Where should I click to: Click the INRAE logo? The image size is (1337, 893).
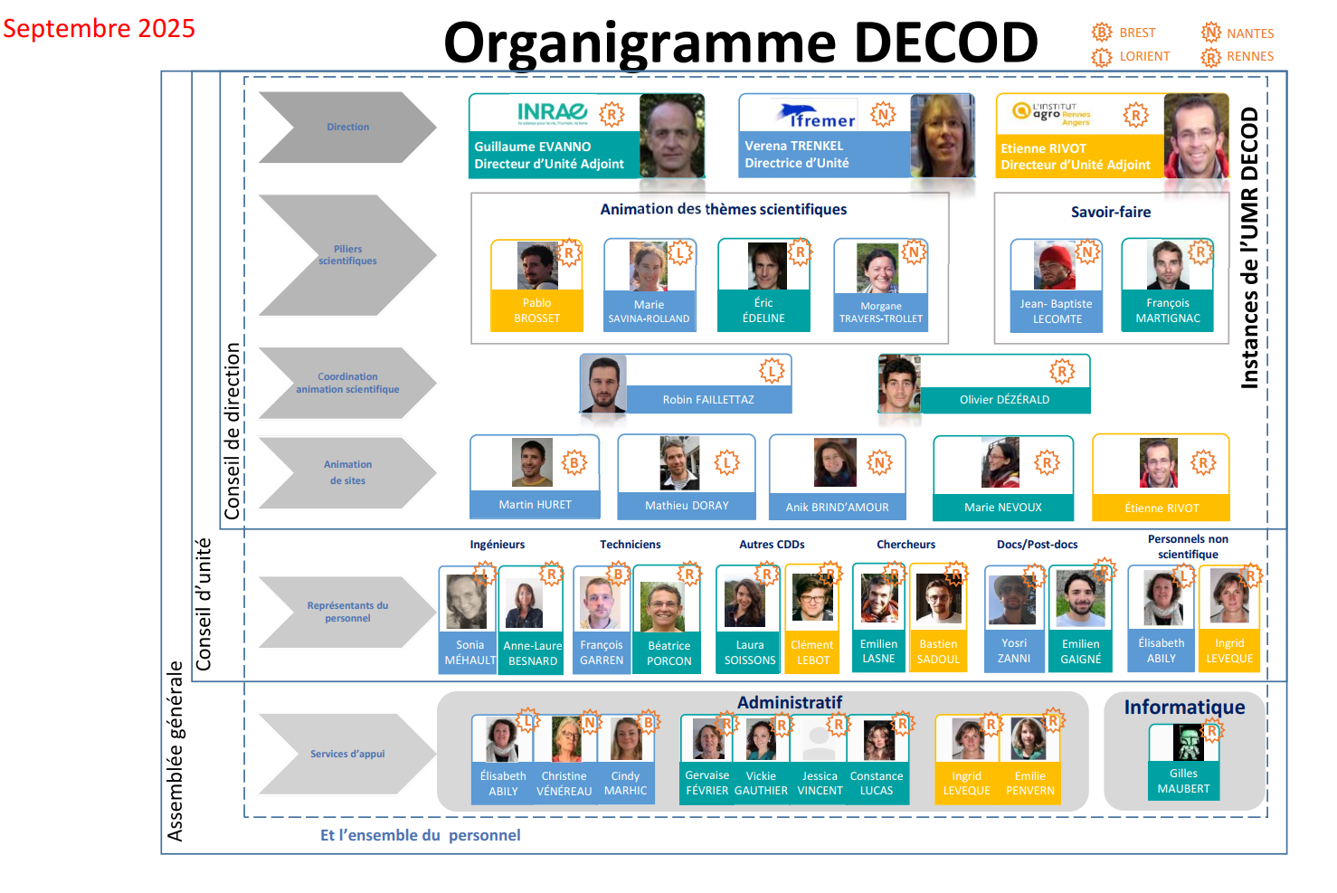point(552,112)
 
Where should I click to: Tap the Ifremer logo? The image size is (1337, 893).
point(816,116)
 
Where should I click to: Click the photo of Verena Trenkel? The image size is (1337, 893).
point(942,136)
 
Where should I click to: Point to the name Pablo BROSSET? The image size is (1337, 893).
point(536,310)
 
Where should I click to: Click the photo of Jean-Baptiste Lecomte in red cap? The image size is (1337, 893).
point(1055,265)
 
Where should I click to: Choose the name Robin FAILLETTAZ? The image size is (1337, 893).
point(707,399)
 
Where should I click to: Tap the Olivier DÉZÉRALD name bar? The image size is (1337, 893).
point(1004,399)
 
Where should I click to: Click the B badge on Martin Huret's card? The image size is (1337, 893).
point(574,463)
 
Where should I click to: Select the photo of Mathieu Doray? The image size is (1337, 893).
point(679,463)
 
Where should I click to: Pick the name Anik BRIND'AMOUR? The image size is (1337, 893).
point(837,508)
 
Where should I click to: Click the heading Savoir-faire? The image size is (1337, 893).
point(1111,212)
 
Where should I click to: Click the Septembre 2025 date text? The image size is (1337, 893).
point(99,28)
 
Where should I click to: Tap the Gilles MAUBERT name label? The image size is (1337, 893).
point(1183,781)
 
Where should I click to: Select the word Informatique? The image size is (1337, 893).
point(1184,707)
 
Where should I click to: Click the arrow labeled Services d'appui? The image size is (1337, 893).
point(347,754)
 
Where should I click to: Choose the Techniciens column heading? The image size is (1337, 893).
point(630,545)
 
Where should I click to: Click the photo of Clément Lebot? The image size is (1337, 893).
point(811,597)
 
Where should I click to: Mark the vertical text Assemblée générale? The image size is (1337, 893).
point(175,751)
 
